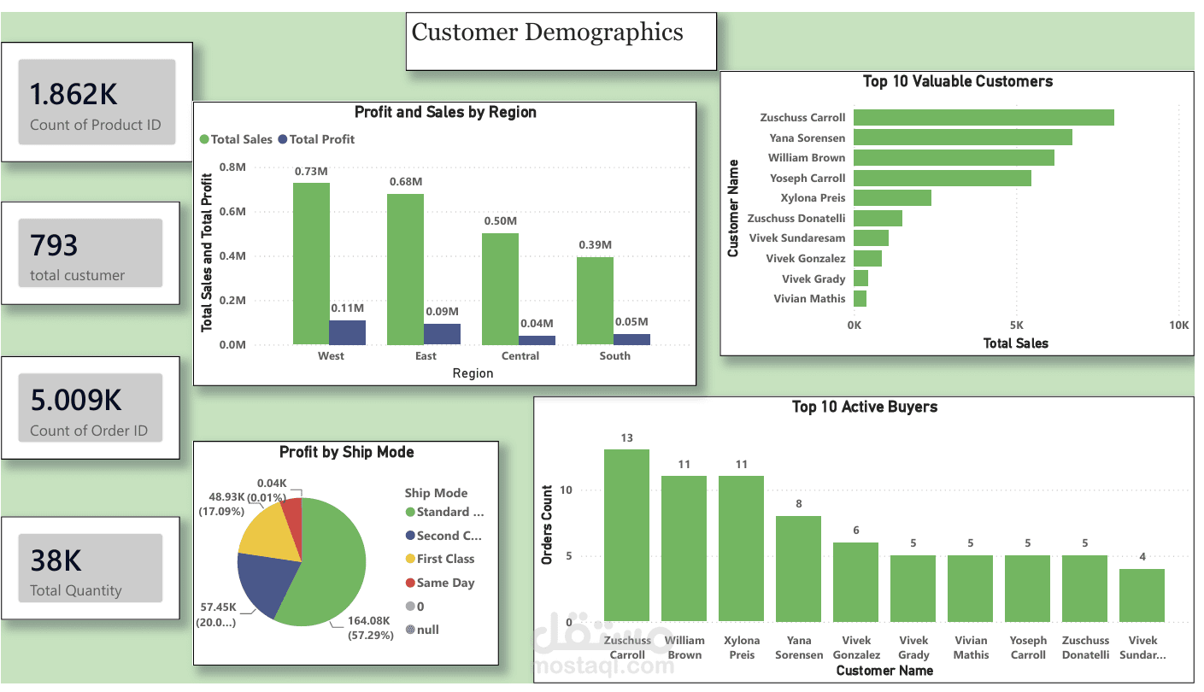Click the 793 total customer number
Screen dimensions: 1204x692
[54, 245]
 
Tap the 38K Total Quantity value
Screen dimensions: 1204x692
[56, 560]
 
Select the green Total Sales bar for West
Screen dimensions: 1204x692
[311, 264]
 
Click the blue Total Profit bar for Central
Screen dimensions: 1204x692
[537, 340]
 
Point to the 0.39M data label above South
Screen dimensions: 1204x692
[595, 245]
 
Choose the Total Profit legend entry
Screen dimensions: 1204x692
[316, 139]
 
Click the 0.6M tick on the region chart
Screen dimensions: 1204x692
[232, 212]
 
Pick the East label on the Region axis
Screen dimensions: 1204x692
[426, 355]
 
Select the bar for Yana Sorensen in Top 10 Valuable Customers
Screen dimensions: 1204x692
[963, 137]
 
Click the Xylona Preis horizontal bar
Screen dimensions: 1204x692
[892, 197]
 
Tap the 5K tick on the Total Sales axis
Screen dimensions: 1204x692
[1016, 325]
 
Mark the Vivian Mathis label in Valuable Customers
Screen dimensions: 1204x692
[809, 299]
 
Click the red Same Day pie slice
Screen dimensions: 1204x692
[293, 524]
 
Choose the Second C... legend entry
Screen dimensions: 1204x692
[443, 536]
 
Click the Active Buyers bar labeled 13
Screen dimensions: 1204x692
[626, 536]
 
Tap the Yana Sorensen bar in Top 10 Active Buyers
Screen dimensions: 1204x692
[798, 569]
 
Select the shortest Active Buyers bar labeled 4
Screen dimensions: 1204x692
[1142, 595]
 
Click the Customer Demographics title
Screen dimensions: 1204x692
[547, 32]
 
